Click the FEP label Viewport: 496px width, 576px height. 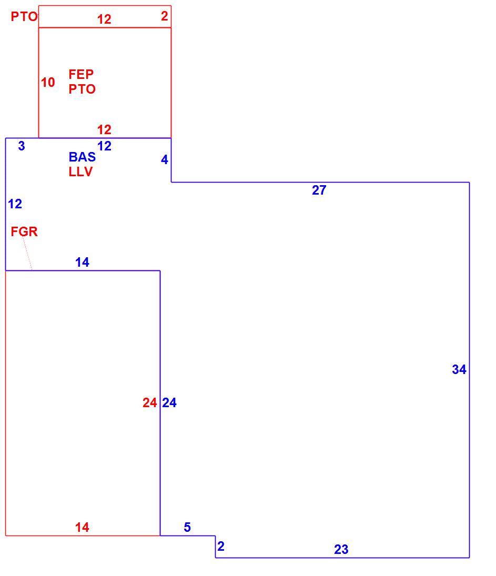[81, 74]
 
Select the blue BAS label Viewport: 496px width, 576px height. [82, 157]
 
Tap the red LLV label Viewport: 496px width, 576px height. [80, 171]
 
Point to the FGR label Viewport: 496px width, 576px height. [24, 231]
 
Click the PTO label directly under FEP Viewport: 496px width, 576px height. [82, 89]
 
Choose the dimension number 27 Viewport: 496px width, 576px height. [319, 190]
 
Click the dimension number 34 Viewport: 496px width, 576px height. [459, 369]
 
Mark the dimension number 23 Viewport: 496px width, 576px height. [341, 549]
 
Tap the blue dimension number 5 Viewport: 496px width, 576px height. [187, 527]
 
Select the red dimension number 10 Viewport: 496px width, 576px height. [48, 82]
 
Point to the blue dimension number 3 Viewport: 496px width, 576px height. [22, 146]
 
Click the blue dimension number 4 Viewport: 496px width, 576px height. [165, 159]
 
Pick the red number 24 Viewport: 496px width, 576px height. [149, 402]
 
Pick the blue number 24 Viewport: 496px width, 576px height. [169, 402]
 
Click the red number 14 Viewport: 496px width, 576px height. [82, 527]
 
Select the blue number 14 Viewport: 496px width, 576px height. [82, 262]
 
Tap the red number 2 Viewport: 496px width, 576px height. [165, 16]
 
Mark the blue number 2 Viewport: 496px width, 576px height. [221, 546]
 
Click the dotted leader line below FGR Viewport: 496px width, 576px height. [27, 254]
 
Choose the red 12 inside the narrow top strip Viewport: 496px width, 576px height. [104, 19]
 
